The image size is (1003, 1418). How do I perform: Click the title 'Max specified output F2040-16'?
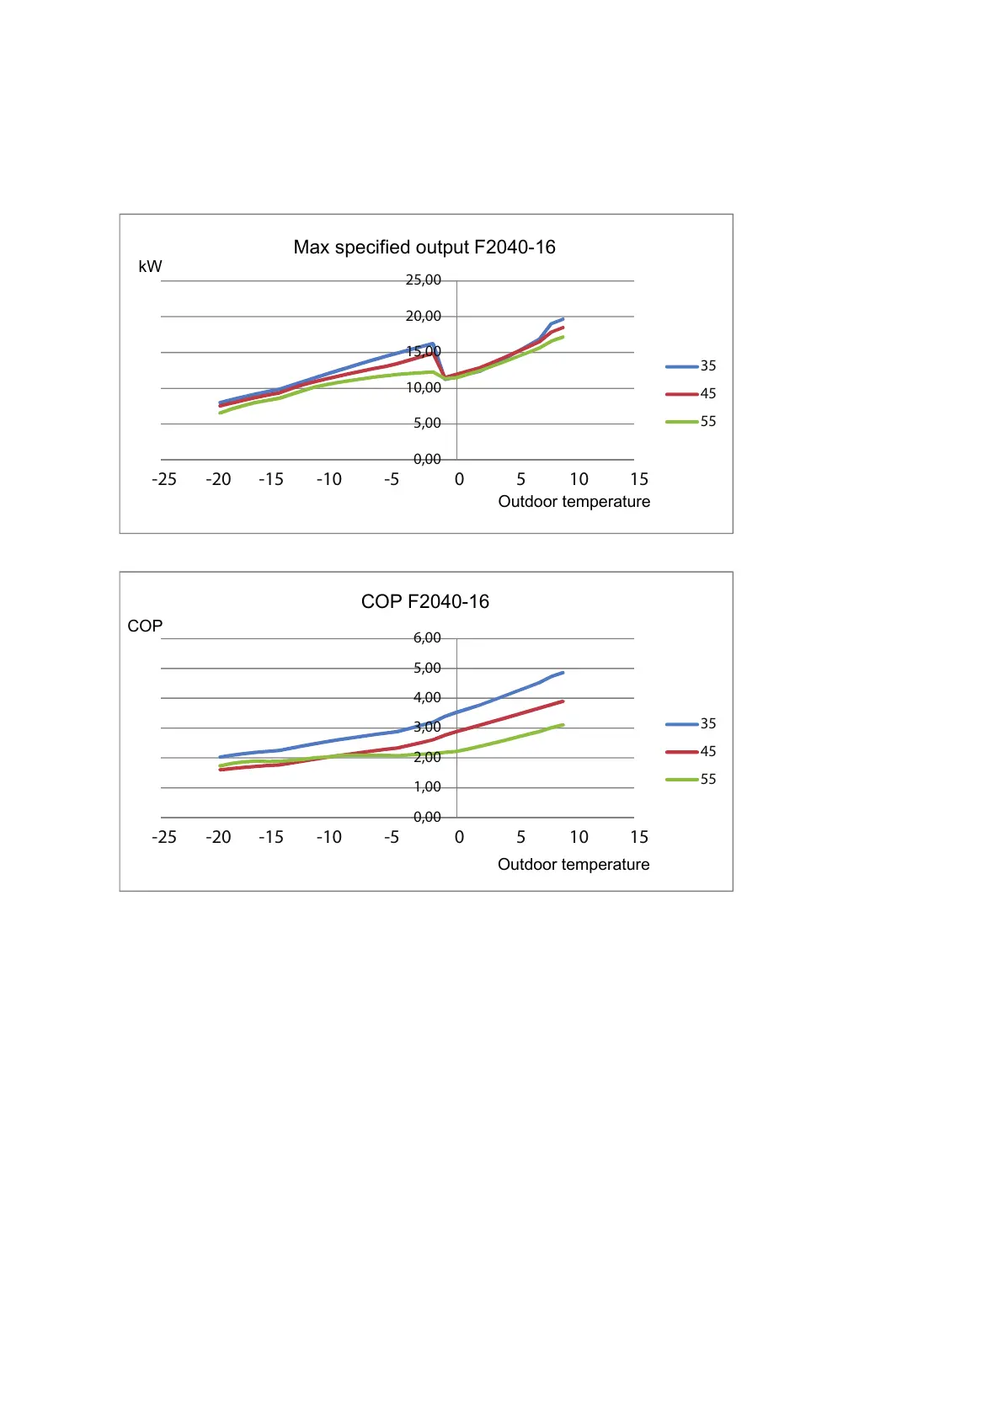click(424, 248)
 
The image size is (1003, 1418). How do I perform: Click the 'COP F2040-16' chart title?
click(424, 602)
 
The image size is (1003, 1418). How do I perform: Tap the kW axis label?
click(150, 267)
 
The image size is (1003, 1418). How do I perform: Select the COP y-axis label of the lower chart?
click(145, 626)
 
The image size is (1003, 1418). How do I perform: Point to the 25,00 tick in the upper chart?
click(423, 280)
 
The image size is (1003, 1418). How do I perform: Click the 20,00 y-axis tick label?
click(423, 317)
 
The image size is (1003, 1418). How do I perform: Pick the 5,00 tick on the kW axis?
click(427, 424)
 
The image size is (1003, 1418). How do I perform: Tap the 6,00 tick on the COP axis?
click(427, 638)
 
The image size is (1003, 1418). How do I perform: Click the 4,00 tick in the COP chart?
click(427, 698)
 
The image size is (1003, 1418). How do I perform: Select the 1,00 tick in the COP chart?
click(427, 787)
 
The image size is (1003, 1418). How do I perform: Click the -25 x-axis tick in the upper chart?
click(164, 480)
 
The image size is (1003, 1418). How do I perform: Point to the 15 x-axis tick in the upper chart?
click(639, 480)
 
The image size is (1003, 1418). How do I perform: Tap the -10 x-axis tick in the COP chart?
click(328, 838)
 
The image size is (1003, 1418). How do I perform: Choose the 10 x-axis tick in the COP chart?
click(579, 838)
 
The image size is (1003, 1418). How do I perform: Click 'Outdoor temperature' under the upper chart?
click(574, 502)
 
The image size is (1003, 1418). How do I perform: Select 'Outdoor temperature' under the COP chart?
click(574, 865)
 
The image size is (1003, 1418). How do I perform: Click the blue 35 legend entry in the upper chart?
click(691, 366)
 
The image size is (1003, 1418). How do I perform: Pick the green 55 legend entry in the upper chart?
click(691, 422)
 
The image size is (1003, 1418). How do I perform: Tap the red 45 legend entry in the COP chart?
click(691, 752)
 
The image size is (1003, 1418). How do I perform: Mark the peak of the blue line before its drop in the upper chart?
click(432, 344)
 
